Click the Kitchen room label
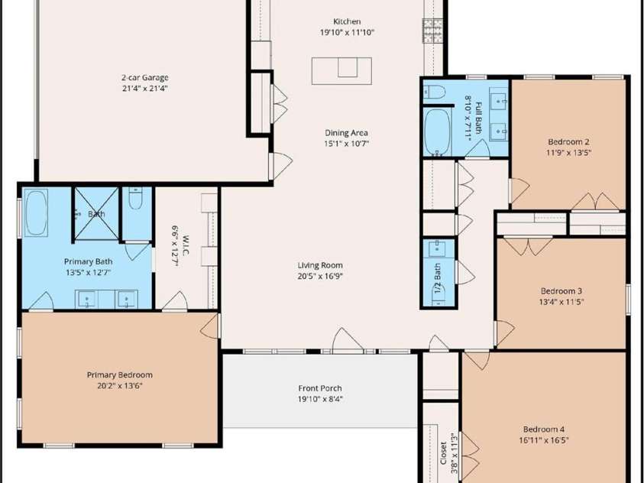click(x=347, y=21)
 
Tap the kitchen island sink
click(x=348, y=67)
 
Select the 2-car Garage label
click(x=145, y=77)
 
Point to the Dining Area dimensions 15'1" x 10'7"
click(x=347, y=144)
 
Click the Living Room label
click(x=320, y=265)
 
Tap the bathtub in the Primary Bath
click(x=36, y=212)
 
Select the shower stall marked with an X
click(x=96, y=213)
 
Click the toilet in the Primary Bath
click(x=135, y=199)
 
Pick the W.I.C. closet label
click(x=185, y=245)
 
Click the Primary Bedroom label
click(x=119, y=375)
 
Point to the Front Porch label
click(x=320, y=388)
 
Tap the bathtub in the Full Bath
click(x=438, y=132)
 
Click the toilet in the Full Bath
click(x=435, y=91)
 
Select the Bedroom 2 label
click(x=569, y=142)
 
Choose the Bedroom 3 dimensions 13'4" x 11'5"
click(x=561, y=302)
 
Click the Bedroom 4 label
click(x=544, y=430)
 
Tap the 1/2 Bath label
click(x=438, y=277)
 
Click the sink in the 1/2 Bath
click(x=437, y=248)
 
